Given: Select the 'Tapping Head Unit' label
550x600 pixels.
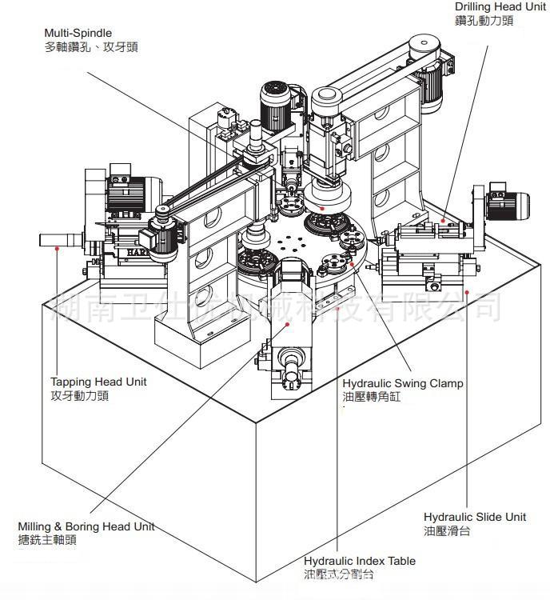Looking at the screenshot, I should (x=98, y=382).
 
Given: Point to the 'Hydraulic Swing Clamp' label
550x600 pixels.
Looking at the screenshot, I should (x=402, y=383).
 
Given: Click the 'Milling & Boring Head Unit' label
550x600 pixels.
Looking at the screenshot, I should (x=86, y=526).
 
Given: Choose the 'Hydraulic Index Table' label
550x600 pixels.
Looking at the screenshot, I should (x=360, y=561).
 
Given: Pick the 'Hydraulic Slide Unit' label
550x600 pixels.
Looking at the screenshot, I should (x=475, y=517).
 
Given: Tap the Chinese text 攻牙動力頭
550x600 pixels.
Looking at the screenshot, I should (x=79, y=395).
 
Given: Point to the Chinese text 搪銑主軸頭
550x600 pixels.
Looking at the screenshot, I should (x=48, y=540).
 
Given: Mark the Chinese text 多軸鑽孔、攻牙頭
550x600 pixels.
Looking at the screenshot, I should (x=91, y=46).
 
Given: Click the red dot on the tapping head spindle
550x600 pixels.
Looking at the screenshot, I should (x=57, y=248).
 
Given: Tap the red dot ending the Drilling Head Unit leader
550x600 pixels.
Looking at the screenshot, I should (x=443, y=220).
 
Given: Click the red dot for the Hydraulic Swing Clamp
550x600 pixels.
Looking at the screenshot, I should (x=351, y=264).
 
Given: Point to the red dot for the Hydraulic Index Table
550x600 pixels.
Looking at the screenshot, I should (x=339, y=307).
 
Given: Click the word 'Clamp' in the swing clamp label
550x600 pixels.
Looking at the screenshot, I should (x=447, y=383).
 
